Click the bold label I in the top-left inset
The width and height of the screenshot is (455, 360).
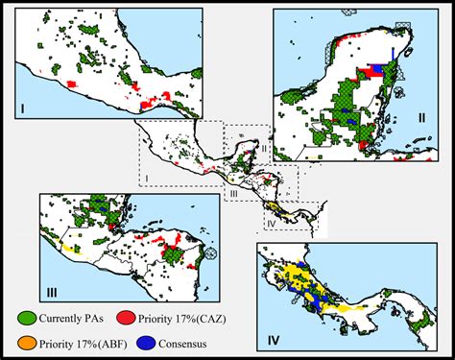pos(22,109)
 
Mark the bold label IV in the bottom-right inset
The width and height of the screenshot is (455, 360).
pos(275,339)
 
